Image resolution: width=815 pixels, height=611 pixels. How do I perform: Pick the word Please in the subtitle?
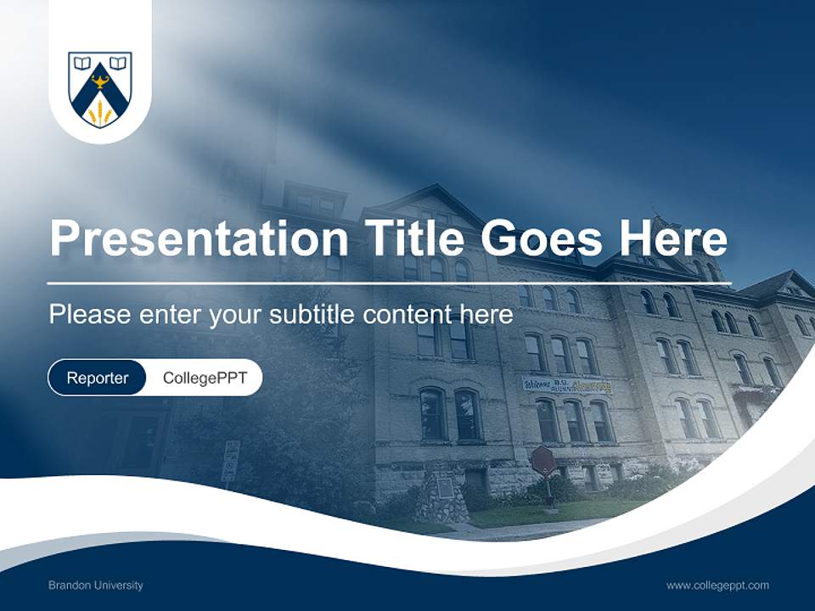pyautogui.click(x=89, y=315)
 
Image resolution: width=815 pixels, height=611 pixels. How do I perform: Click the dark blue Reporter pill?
pyautogui.click(x=97, y=378)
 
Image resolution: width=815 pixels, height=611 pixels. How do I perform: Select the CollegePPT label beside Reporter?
pyautogui.click(x=205, y=378)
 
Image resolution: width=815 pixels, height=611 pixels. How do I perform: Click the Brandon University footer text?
pyautogui.click(x=95, y=586)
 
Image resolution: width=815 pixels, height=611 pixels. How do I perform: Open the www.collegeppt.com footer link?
pyautogui.click(x=717, y=586)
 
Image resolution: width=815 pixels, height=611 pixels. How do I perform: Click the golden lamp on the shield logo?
pyautogui.click(x=100, y=82)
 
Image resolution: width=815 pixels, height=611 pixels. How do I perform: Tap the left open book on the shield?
pyautogui.click(x=81, y=63)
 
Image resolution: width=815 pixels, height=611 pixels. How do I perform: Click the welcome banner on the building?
pyautogui.click(x=566, y=384)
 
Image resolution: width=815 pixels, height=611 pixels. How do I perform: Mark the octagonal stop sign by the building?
pyautogui.click(x=542, y=461)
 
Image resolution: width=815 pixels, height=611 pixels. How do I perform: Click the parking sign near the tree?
pyautogui.click(x=231, y=461)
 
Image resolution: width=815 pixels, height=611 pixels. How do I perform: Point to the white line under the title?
pyautogui.click(x=389, y=283)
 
